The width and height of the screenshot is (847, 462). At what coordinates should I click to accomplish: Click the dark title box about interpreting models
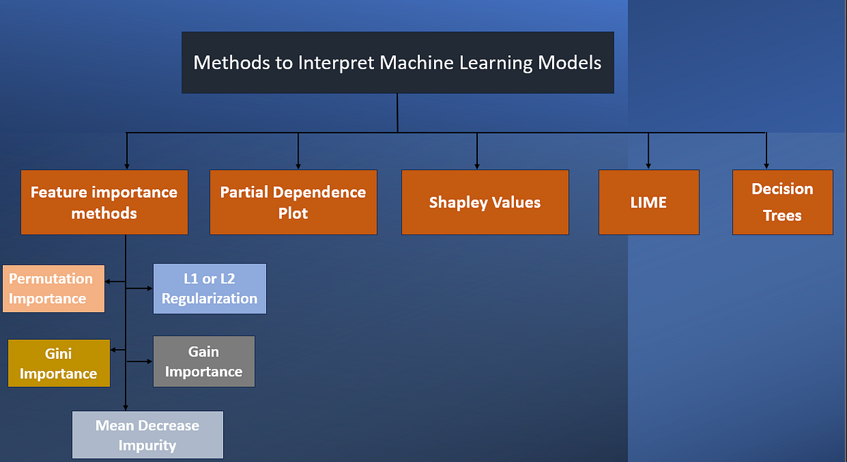397,62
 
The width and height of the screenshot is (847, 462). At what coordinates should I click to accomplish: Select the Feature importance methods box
104,202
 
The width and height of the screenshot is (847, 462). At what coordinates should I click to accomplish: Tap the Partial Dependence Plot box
293,202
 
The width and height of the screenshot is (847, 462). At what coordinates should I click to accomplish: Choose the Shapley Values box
485,202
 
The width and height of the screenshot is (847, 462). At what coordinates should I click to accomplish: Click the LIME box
649,202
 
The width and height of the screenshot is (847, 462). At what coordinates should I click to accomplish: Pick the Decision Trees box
782,202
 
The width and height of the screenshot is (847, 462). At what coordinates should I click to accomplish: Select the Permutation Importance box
54,288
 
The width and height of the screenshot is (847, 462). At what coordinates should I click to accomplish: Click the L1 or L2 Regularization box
210,288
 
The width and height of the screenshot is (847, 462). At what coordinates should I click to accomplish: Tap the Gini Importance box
59,363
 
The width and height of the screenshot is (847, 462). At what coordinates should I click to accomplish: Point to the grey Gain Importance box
204,361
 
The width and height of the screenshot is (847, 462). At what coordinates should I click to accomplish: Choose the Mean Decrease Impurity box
148,435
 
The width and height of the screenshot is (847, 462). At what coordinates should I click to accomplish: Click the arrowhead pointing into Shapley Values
477,165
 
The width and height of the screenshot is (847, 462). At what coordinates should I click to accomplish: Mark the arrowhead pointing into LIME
649,165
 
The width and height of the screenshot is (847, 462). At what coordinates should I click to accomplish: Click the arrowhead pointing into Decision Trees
767,165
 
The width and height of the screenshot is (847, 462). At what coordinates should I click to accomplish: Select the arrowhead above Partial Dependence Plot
299,165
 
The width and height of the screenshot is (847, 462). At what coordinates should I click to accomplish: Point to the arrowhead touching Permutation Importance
108,282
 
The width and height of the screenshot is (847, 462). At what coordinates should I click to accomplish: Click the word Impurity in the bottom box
147,446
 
